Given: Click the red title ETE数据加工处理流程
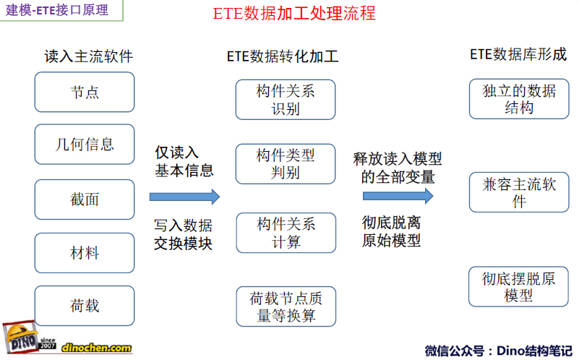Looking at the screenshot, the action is [294, 14].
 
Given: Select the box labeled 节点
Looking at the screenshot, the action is [85, 92].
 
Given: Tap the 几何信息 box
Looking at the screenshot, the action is [85, 144].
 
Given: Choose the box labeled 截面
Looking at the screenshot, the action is [85, 200].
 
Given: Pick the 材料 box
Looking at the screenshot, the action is [85, 253].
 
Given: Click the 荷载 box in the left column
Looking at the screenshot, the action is [85, 306].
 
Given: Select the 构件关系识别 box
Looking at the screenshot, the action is [286, 100].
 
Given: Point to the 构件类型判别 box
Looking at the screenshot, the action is [286, 164].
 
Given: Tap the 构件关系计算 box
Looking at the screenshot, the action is [286, 233].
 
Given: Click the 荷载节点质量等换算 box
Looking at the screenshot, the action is [286, 307].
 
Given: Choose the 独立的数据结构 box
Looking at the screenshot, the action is [519, 98].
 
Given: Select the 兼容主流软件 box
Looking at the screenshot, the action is [519, 192].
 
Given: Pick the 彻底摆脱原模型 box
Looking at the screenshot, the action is [518, 286].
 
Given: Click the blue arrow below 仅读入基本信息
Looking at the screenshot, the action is [184, 197].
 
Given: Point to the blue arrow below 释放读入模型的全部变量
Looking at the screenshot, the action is [398, 196].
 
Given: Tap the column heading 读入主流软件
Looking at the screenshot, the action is [89, 56].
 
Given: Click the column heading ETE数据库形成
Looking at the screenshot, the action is [518, 55].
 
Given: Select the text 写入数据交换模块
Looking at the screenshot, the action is [183, 234].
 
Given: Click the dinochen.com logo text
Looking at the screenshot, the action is [96, 348].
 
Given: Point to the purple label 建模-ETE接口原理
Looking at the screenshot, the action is [57, 10].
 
